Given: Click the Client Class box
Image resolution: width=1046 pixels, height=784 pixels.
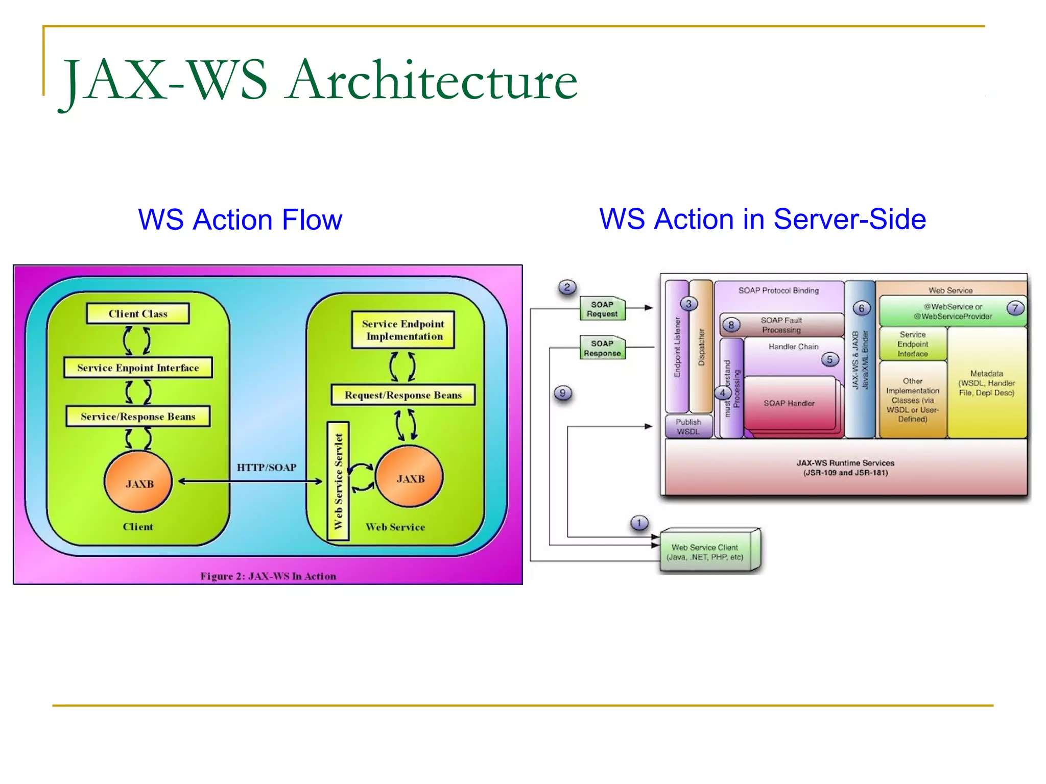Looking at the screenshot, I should [x=138, y=313].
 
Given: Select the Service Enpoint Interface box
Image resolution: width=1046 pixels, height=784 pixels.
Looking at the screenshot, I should [x=138, y=367].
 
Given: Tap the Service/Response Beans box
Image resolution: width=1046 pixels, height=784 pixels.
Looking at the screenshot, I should [x=138, y=416].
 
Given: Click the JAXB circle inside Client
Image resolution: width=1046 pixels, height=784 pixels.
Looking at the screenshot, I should [x=138, y=482].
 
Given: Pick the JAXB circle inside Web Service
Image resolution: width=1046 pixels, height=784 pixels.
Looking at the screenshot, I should [x=410, y=477].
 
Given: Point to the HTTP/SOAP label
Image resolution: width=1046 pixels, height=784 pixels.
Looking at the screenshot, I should [x=266, y=468].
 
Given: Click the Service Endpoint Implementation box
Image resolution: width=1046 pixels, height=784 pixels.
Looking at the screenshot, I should [x=403, y=330].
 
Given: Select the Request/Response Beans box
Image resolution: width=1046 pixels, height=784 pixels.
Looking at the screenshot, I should [x=403, y=395].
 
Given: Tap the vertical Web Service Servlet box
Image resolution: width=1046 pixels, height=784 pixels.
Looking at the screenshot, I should [x=338, y=481].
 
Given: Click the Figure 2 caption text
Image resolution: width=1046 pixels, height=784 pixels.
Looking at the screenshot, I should [x=268, y=576].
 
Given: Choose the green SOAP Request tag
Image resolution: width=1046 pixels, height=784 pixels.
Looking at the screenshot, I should [x=602, y=309].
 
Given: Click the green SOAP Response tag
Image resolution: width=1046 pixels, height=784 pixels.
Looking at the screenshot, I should [x=602, y=348].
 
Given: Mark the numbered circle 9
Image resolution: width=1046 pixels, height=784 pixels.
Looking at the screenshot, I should [x=563, y=393].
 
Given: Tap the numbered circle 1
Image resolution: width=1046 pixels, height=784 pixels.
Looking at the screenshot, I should [x=639, y=523].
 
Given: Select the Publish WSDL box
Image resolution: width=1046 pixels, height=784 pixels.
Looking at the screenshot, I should [x=688, y=427].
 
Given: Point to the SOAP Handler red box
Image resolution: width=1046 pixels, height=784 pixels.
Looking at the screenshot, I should [x=789, y=403].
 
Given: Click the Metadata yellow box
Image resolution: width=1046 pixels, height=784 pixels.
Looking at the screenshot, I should [x=987, y=383].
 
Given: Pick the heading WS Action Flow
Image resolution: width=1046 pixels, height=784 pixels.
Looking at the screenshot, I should [x=240, y=219].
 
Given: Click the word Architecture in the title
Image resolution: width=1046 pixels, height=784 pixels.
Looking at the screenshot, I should [x=432, y=80].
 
